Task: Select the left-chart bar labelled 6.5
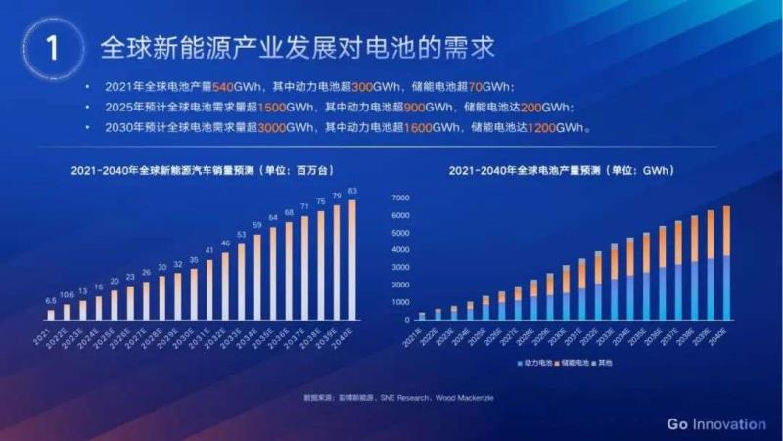tap(51, 314)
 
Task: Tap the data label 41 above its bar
tap(208, 250)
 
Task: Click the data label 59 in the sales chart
tap(256, 226)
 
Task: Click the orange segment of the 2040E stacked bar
tap(726, 231)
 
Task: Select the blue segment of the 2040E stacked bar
tap(726, 287)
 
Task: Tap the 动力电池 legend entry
tap(536, 364)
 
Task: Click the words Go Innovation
tap(715, 423)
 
